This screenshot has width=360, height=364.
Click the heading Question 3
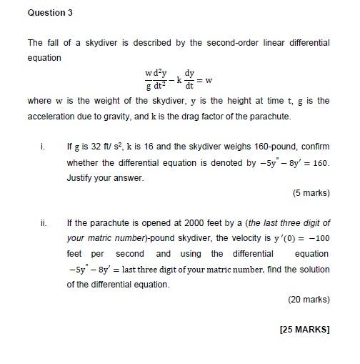pos(50,13)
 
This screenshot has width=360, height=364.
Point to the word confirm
pos(313,147)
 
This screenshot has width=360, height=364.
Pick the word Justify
pos(81,177)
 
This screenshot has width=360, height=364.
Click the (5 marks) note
pos(311,193)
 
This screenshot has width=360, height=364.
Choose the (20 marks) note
pos(309,300)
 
